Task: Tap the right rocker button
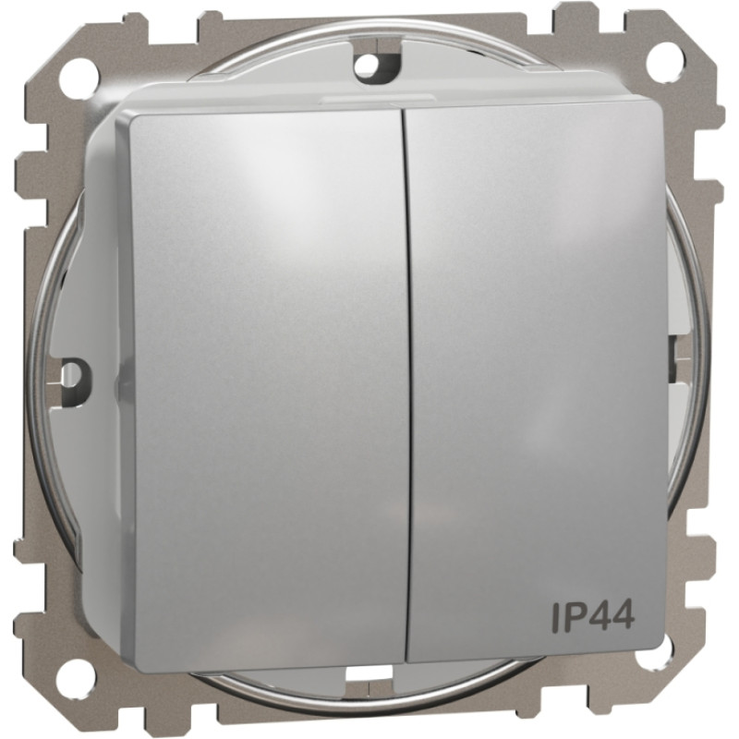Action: coord(536,369)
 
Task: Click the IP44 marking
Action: coord(592,616)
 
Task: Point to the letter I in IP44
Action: coord(554,616)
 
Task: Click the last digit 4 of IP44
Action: coord(621,616)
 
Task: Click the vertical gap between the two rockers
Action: coord(406,388)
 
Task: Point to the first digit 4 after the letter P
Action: coord(597,616)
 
